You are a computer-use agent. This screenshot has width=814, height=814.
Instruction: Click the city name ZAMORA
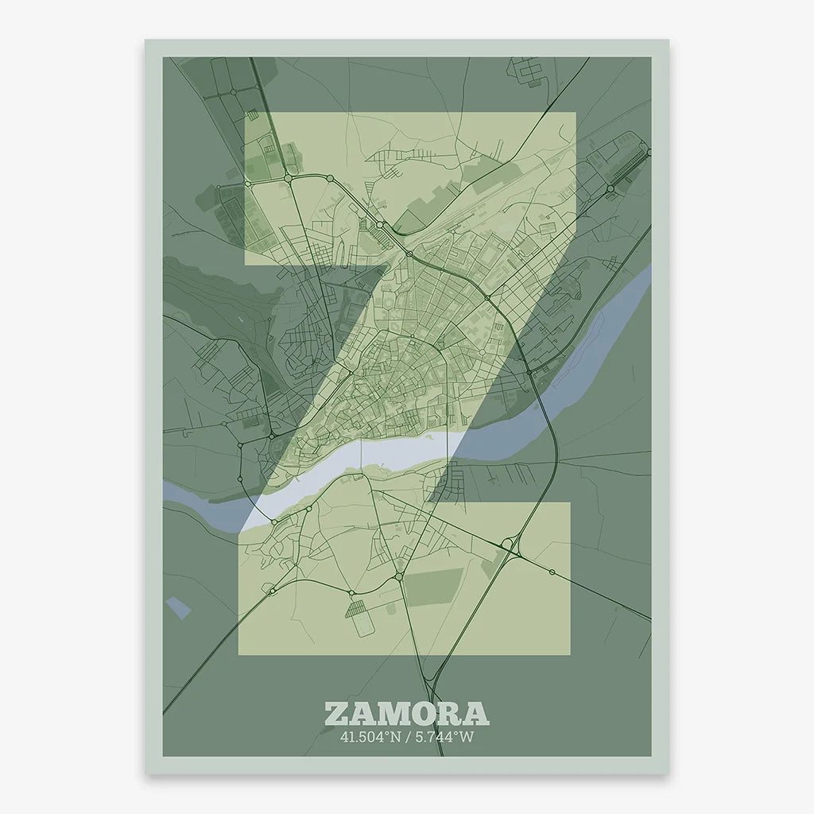pos(406,713)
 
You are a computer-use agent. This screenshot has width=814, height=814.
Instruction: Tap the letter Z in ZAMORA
pos(337,713)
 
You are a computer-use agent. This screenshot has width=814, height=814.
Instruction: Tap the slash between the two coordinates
pos(407,737)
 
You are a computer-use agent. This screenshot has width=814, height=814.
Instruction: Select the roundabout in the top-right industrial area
pos(610,189)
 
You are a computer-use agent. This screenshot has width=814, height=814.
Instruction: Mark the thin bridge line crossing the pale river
pos(362,453)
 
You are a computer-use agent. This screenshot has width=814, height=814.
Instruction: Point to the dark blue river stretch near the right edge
pos(612,326)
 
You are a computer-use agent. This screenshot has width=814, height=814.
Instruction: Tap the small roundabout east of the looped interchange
pos(551,572)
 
